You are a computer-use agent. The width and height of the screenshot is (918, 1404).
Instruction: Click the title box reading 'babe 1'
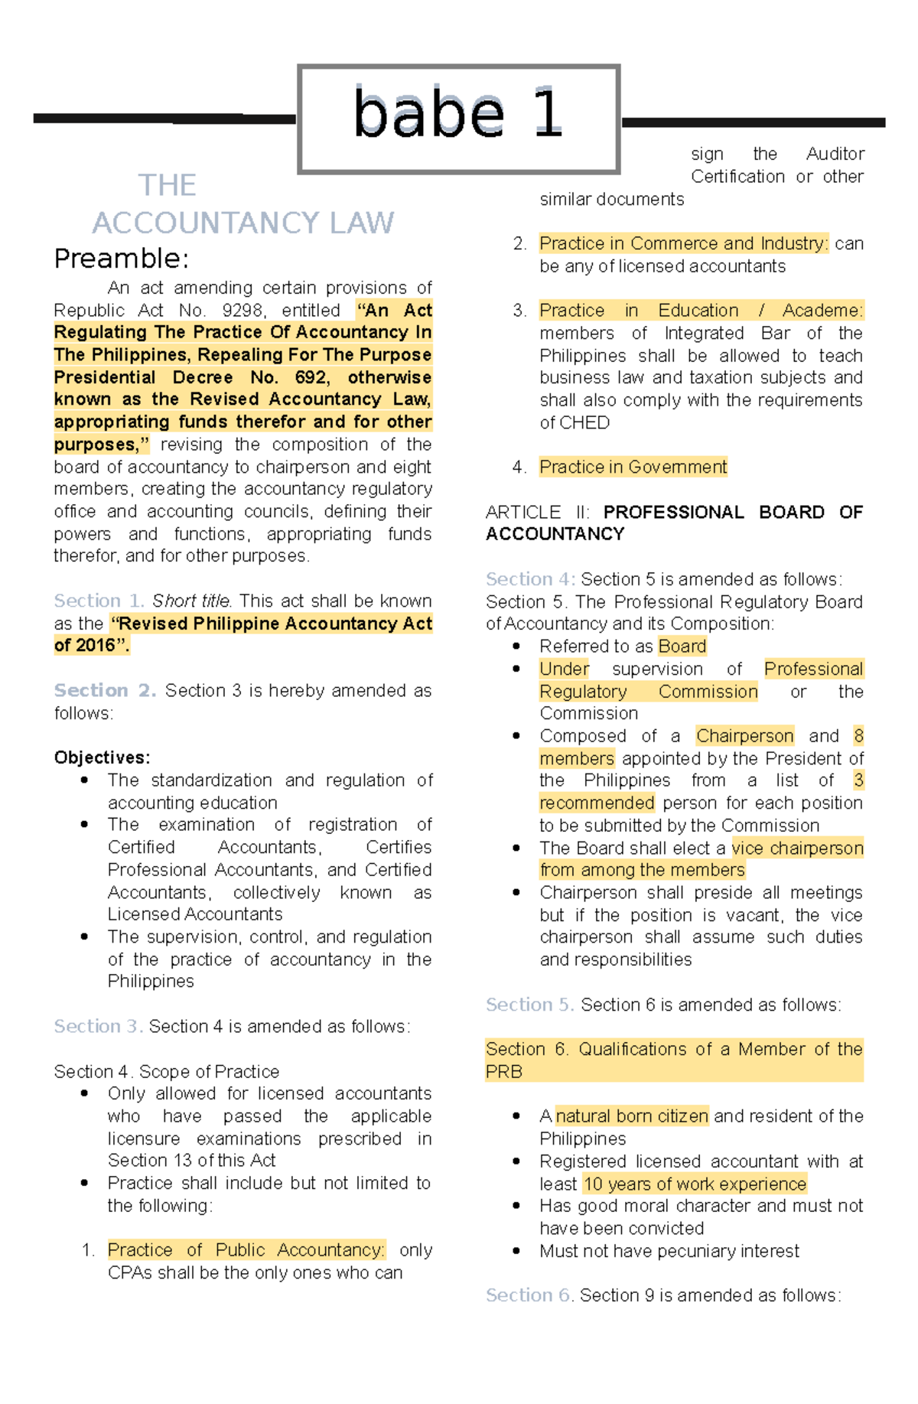[x=458, y=119]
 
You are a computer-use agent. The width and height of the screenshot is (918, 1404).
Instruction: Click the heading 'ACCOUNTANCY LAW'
[x=243, y=223]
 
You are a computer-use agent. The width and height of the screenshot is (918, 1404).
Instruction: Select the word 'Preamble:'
[x=121, y=259]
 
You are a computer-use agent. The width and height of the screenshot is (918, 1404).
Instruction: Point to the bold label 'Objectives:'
[x=102, y=757]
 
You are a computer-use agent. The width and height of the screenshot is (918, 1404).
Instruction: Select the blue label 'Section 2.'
[x=105, y=690]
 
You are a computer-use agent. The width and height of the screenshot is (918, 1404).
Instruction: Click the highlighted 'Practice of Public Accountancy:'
[x=246, y=1250]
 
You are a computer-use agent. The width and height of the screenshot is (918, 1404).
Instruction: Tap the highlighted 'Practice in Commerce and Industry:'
[x=683, y=243]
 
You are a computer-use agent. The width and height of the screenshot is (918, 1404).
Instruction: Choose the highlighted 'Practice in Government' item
[x=633, y=467]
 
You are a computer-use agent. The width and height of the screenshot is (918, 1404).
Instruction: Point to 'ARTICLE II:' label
[x=537, y=512]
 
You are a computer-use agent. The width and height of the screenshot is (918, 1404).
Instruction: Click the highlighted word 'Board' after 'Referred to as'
[x=682, y=647]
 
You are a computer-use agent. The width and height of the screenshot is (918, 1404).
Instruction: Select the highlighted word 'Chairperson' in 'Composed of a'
[x=744, y=736]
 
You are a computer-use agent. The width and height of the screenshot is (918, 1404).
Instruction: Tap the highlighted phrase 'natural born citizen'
[x=632, y=1116]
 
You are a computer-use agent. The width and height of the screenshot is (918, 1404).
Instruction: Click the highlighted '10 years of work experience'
[x=695, y=1184]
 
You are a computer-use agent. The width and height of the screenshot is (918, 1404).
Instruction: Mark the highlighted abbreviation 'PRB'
[x=504, y=1071]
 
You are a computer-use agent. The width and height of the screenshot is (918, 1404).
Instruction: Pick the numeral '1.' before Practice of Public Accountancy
[x=88, y=1250]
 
